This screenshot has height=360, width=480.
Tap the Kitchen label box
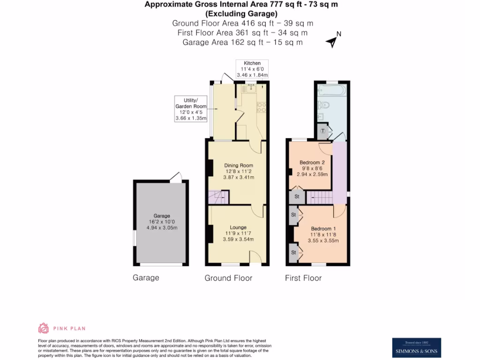[x=252, y=69]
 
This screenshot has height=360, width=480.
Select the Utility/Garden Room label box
[x=190, y=109]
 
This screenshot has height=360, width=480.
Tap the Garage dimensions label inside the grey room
[x=162, y=222]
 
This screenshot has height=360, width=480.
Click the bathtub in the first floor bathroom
[x=331, y=90]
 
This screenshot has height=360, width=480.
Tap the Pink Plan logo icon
[x=44, y=328]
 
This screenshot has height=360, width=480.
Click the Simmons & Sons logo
[x=416, y=347]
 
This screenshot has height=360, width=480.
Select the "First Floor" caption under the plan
[x=303, y=278]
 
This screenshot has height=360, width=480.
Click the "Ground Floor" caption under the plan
[x=228, y=278]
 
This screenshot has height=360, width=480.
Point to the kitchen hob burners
[x=261, y=108]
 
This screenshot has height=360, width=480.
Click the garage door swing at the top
[x=176, y=177]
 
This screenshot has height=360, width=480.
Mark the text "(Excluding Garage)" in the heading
[x=241, y=14]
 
